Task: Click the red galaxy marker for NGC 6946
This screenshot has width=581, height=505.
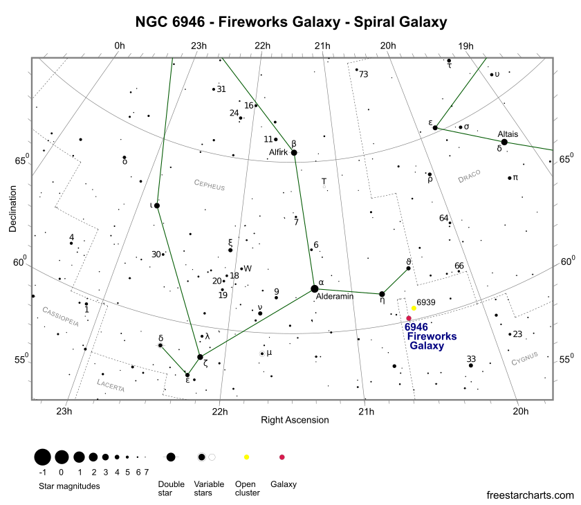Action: [409, 318]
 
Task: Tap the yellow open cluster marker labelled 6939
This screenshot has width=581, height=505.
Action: [414, 308]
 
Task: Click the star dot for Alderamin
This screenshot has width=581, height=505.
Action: [315, 288]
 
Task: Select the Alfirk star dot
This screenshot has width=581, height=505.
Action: [294, 152]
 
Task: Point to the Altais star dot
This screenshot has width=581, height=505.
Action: [504, 142]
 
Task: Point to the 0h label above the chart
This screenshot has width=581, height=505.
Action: [119, 46]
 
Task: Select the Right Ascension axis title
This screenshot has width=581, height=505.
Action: [295, 420]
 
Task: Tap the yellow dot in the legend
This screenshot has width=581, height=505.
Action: [246, 457]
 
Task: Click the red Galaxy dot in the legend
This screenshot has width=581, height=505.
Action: [282, 457]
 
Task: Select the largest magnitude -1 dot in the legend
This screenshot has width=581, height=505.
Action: [41, 457]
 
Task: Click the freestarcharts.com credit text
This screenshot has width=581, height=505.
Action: [530, 495]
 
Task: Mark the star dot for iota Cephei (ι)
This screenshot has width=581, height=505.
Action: [157, 205]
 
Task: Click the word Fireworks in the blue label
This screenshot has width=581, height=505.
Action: [432, 336]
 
